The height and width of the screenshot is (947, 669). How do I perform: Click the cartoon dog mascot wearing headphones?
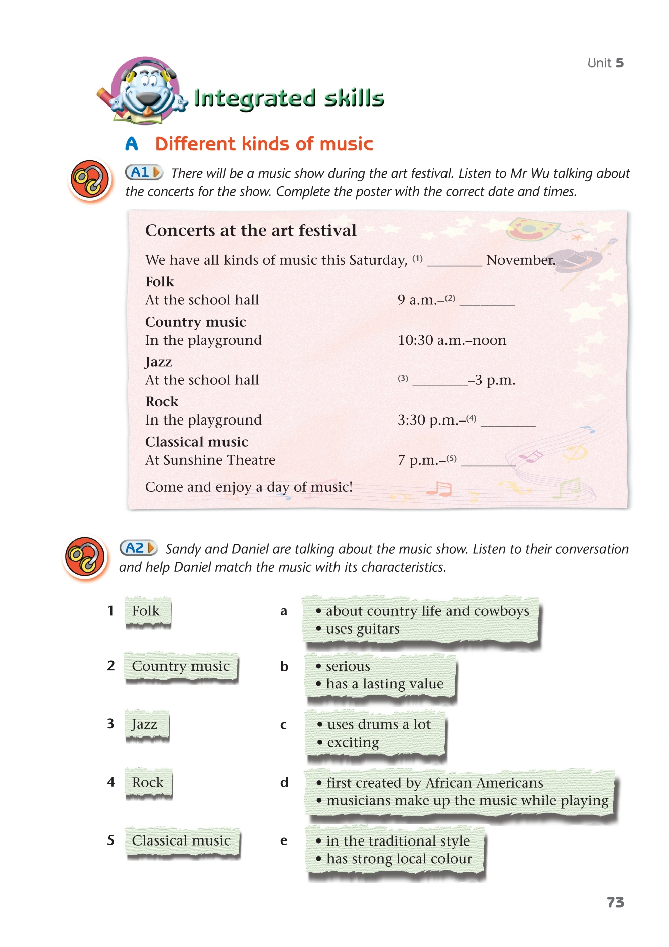point(146,90)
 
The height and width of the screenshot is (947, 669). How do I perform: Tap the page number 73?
point(615,902)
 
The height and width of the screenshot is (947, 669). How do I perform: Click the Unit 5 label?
point(605,63)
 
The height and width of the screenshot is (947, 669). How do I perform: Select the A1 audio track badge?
point(144,173)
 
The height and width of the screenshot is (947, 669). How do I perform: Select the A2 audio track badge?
point(138,548)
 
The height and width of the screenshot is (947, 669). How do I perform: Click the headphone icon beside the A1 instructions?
point(90,180)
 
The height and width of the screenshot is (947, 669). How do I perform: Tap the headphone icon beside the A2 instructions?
point(85,557)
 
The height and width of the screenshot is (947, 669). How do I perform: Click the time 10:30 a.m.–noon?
point(452,340)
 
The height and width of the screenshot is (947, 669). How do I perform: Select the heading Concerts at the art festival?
point(251,230)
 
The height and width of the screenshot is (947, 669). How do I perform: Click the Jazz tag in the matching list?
point(146,724)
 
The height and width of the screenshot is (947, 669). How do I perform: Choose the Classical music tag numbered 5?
point(181,840)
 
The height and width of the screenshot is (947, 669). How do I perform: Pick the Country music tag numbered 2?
point(180,666)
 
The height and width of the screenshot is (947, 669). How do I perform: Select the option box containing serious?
point(380,675)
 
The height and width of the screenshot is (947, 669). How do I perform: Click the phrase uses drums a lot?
point(379,724)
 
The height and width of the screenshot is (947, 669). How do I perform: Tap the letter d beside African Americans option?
point(284,782)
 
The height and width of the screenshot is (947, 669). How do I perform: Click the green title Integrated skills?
point(289,98)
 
